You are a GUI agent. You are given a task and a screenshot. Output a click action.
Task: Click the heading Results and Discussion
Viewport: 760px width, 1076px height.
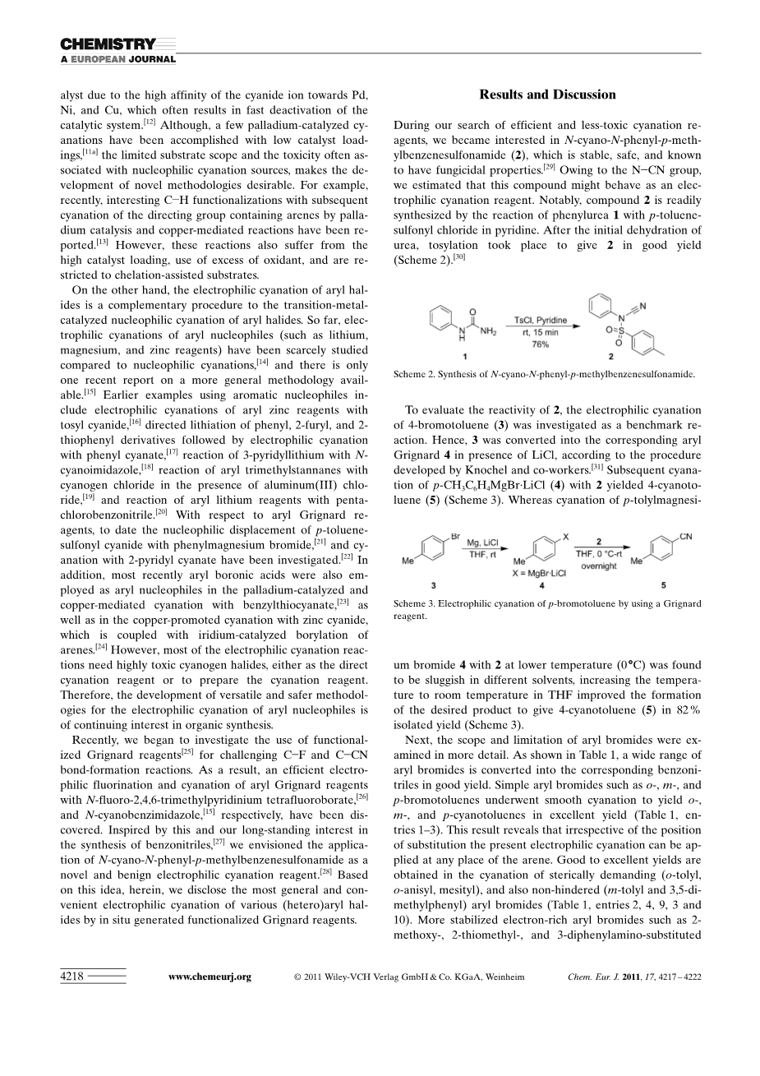(547, 95)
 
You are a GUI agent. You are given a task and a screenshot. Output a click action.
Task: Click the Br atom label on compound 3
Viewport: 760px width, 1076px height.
(456, 535)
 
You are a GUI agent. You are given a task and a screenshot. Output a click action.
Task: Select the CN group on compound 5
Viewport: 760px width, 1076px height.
(686, 537)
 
